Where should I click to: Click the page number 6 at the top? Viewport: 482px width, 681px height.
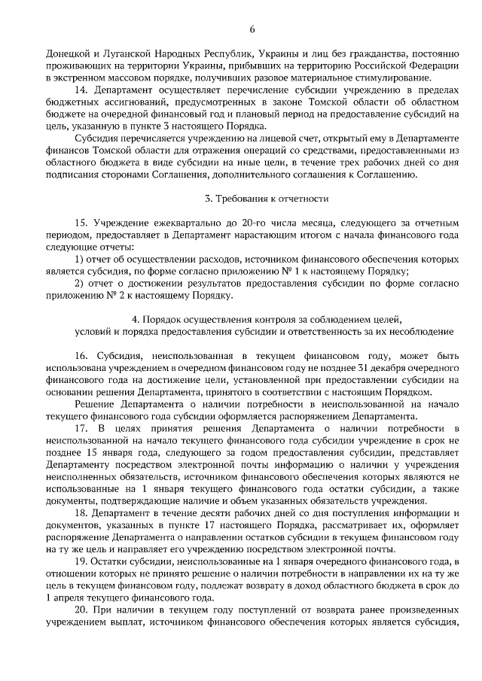252,29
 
